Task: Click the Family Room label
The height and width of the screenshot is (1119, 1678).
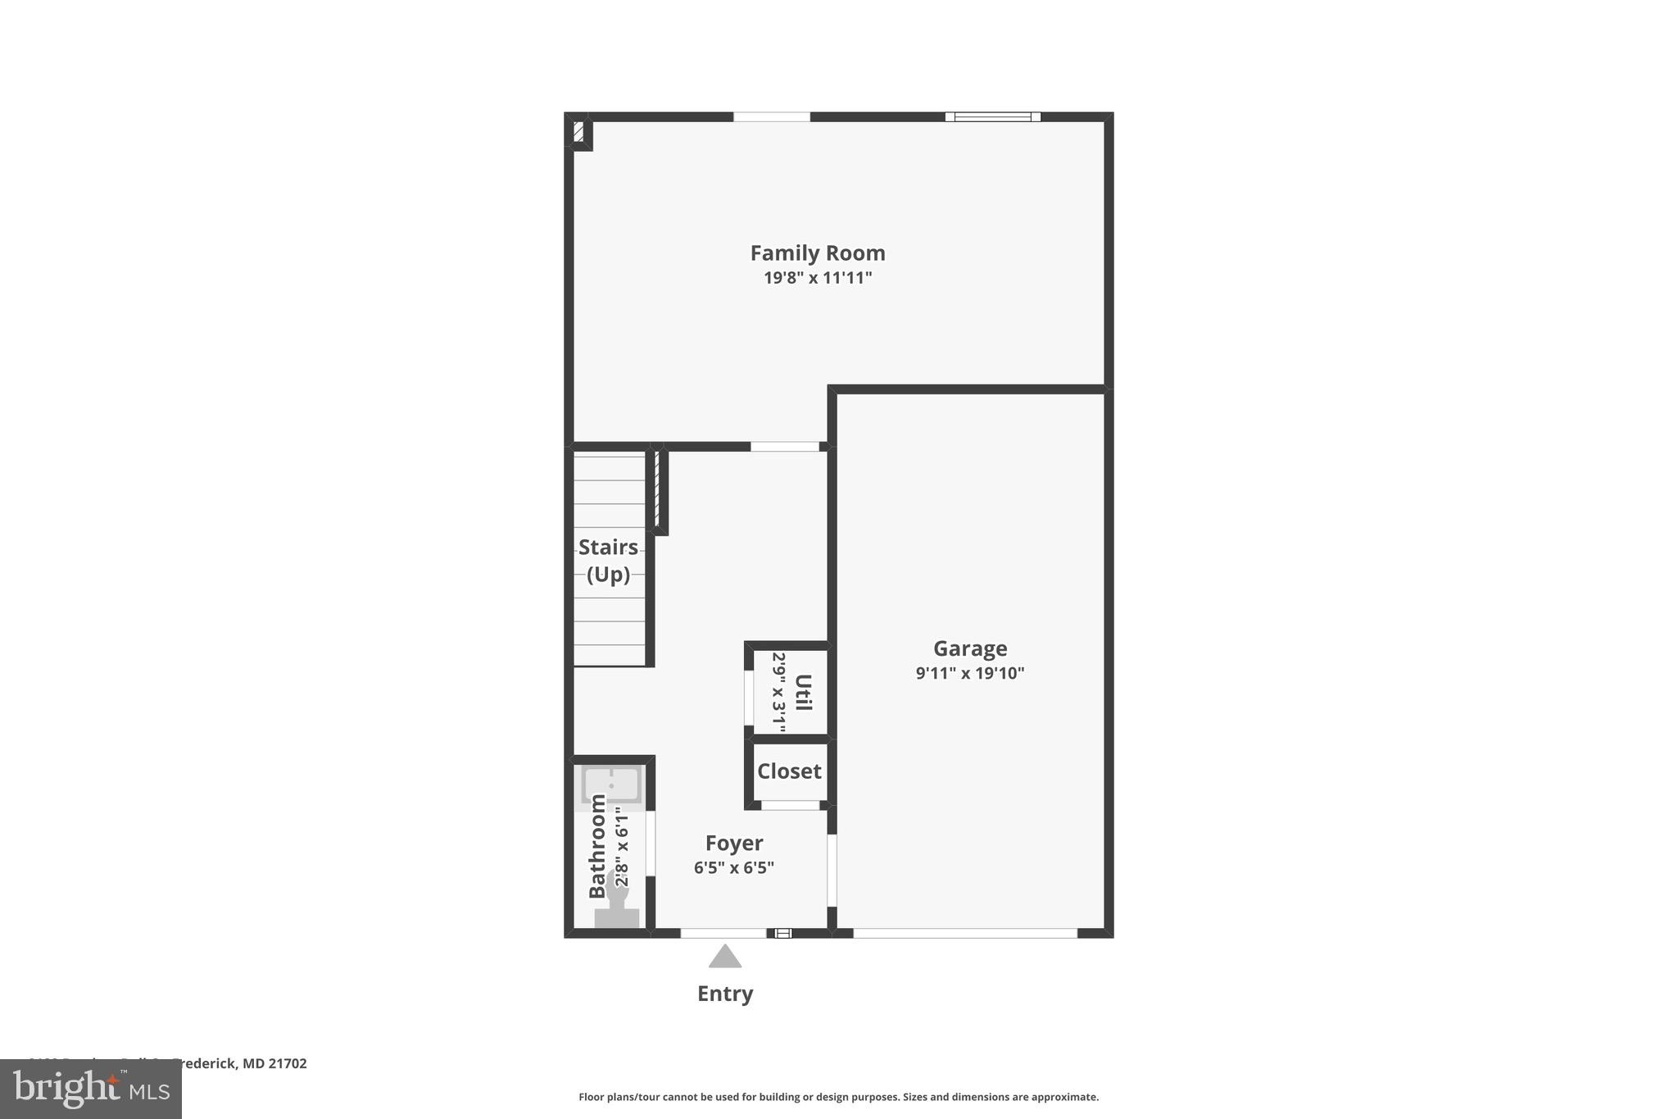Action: tap(817, 253)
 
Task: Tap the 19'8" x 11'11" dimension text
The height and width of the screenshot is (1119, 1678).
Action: tap(817, 278)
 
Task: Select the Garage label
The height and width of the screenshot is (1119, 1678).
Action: tap(970, 648)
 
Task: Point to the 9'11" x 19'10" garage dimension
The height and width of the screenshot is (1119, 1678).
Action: tap(970, 673)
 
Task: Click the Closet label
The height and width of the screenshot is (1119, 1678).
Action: tap(789, 771)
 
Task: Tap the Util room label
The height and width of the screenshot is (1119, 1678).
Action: tap(804, 693)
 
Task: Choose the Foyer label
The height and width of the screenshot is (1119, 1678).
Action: tap(734, 843)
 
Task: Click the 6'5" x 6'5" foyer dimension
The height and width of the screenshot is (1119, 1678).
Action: tap(734, 867)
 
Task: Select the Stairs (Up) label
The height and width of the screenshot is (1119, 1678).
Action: tap(608, 560)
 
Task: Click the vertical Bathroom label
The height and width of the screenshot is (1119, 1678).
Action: tap(598, 846)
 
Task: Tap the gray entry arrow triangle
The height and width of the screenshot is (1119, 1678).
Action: tap(725, 958)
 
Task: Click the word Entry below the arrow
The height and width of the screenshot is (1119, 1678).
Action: tap(725, 994)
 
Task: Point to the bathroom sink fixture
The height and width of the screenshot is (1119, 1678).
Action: tap(611, 785)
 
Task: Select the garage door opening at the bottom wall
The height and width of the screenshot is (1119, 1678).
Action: tap(964, 933)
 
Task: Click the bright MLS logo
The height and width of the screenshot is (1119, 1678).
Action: tap(91, 1089)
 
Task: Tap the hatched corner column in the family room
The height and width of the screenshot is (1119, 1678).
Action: tap(578, 132)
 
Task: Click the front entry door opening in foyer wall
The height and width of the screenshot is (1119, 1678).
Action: tap(723, 933)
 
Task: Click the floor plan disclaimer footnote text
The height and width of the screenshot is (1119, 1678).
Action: tap(838, 1097)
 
